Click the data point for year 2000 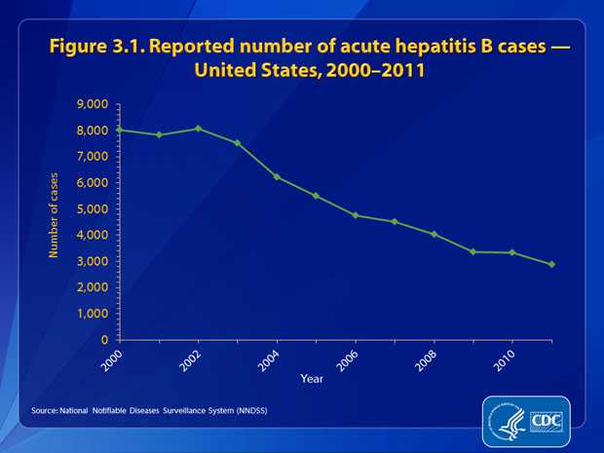(x=119, y=130)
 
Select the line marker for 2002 (x=198, y=129)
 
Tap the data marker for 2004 (x=277, y=177)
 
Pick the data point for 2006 (x=356, y=215)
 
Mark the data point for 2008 (x=434, y=234)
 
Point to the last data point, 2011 (x=552, y=264)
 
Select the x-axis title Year (x=312, y=378)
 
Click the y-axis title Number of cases (x=55, y=214)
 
